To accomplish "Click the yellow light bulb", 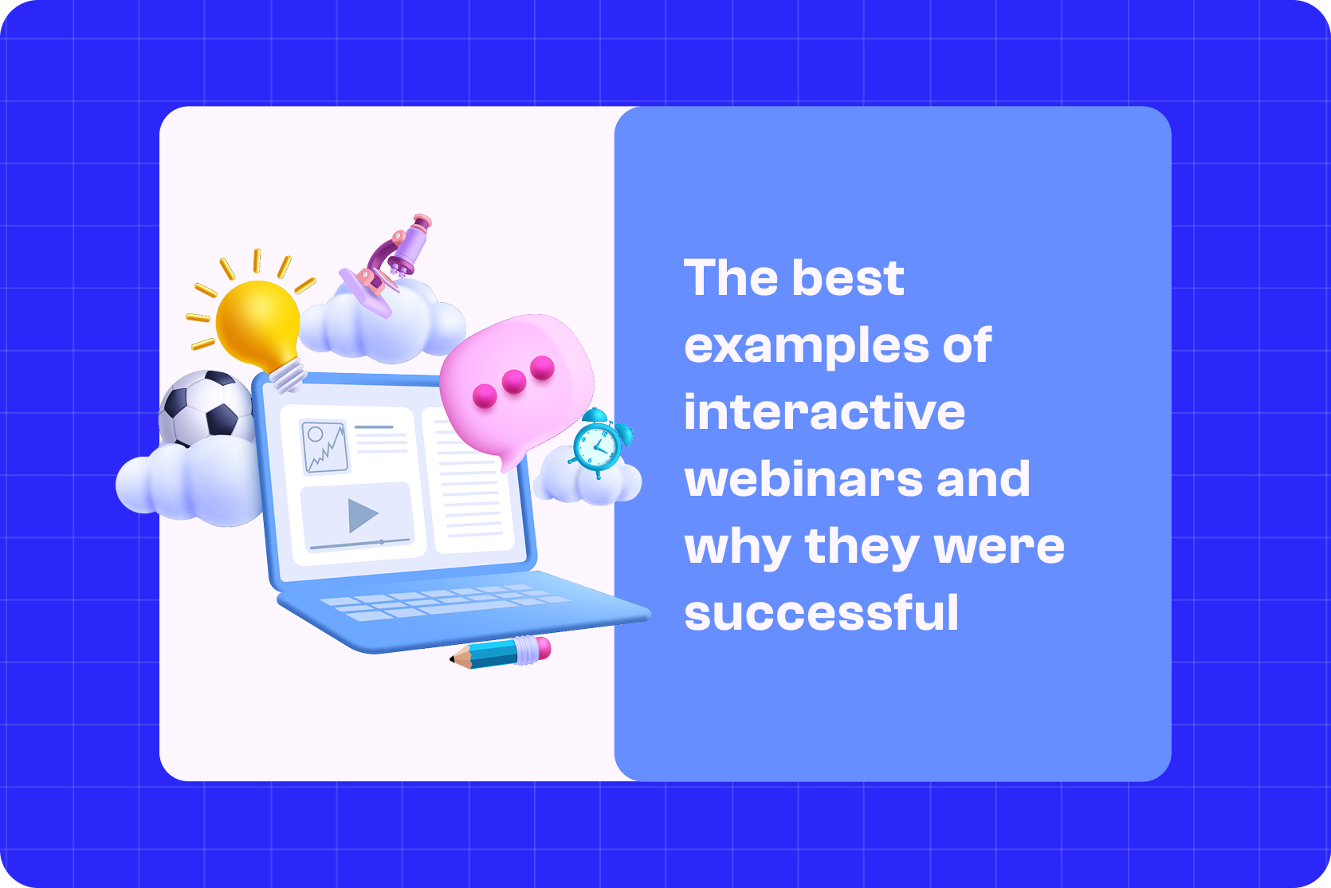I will click(x=257, y=323).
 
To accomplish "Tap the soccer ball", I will click(x=205, y=407).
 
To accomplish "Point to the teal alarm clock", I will click(x=598, y=445).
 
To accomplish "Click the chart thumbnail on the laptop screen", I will click(x=324, y=446).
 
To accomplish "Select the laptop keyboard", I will click(x=446, y=603).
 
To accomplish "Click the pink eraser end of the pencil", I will click(x=542, y=647).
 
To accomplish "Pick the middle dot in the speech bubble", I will click(x=514, y=382).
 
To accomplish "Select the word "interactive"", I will click(x=824, y=412).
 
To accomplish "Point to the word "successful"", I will click(x=821, y=613).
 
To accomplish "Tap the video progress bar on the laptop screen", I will click(x=359, y=544).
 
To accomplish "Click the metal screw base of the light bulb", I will click(x=288, y=374).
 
